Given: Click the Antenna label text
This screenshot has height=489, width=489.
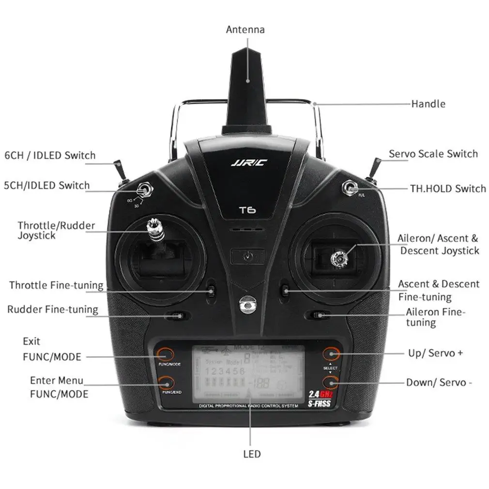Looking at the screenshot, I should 245,30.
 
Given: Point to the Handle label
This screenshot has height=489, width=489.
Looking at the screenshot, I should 428,104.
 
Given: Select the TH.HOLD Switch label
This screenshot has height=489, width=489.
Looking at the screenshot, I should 448,188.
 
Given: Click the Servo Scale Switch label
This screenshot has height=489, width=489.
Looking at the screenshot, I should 433,154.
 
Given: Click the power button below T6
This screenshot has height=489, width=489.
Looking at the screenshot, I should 247,255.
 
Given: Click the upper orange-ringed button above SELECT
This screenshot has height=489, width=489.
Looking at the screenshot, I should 331,353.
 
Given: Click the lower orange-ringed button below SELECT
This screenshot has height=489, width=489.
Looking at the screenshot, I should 331,383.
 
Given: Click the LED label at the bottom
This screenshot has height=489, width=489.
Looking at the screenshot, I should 251,454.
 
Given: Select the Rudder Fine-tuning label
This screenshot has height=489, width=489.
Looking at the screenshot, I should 52,309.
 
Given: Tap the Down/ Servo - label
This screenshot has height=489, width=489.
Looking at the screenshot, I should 439,382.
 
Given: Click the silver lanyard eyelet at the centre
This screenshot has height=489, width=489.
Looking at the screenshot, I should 247,305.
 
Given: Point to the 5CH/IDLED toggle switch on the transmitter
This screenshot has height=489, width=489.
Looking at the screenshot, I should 144,189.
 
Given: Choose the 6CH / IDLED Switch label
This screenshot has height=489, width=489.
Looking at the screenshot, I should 50,155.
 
